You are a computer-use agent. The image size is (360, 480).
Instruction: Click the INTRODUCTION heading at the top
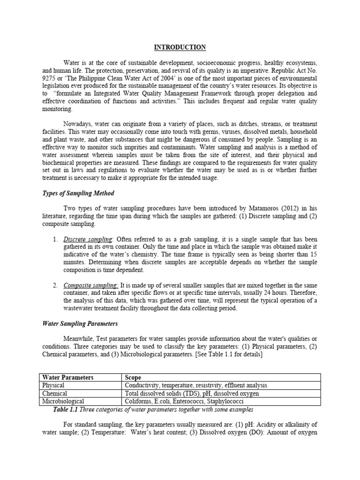click(x=180, y=47)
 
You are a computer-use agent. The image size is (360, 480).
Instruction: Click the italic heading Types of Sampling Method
click(x=78, y=194)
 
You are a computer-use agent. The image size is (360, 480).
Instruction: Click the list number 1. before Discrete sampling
click(x=55, y=240)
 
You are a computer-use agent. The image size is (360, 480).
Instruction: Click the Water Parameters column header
click(x=68, y=377)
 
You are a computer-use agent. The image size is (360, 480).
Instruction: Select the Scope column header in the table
click(x=133, y=377)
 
